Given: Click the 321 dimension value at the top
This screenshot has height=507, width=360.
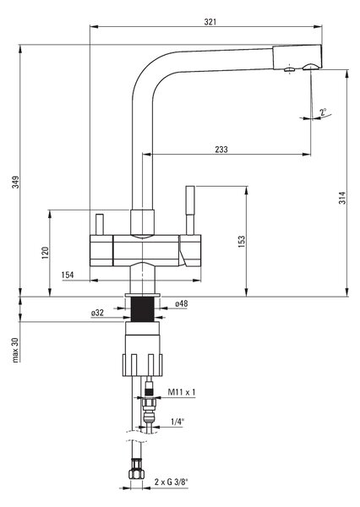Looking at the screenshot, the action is tap(210, 22).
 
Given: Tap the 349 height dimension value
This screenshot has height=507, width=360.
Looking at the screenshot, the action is tap(15, 182).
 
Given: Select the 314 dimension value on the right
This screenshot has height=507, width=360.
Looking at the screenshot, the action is tap(342, 198).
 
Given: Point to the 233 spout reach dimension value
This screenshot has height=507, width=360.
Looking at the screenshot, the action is tap(221, 150).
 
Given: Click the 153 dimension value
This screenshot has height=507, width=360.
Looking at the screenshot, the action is tap(242, 242).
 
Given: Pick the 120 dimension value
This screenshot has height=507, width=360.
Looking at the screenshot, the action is tap(45, 253).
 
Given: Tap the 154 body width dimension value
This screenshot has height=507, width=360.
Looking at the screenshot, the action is tap(68, 275).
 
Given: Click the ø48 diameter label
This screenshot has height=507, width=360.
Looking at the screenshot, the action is tap(181, 303).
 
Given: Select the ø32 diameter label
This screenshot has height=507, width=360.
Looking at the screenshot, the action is tap(97, 313).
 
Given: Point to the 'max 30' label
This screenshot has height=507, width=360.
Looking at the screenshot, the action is tap(15, 350).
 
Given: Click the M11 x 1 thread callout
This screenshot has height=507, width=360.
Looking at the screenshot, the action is tap(182, 392).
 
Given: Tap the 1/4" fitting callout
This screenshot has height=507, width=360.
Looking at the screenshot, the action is tap(177, 422).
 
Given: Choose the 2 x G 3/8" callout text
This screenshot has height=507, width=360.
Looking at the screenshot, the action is tap(171, 482).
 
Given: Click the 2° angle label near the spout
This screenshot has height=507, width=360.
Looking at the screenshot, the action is tap(323, 112).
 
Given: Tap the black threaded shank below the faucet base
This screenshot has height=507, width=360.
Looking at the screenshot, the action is tap(142, 309).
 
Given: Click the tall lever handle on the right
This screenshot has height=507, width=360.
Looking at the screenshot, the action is tap(190, 210).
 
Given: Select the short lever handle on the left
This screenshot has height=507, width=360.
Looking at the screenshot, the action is tap(100, 225).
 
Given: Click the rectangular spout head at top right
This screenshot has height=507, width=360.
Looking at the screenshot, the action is tap(297, 57).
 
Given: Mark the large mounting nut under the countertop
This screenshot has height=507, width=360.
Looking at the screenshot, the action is tap(142, 365).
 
